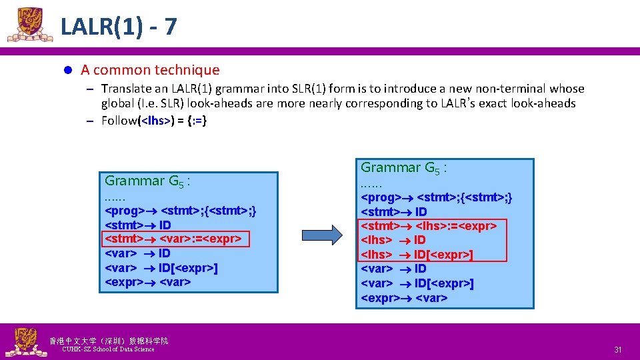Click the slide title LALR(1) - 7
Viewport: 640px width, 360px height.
(119, 27)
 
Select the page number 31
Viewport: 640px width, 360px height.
(617, 350)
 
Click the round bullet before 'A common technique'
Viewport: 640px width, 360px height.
(67, 70)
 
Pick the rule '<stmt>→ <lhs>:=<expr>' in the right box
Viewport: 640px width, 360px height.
(429, 226)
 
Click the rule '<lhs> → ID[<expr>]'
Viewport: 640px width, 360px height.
(417, 254)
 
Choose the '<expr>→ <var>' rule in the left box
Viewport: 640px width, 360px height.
(148, 282)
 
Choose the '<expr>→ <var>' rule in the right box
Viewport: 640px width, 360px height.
(403, 298)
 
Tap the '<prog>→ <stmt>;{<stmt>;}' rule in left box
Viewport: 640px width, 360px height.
(181, 211)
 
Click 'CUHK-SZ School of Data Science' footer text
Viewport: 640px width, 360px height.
(107, 349)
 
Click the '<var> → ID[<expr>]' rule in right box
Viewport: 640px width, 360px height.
(417, 284)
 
